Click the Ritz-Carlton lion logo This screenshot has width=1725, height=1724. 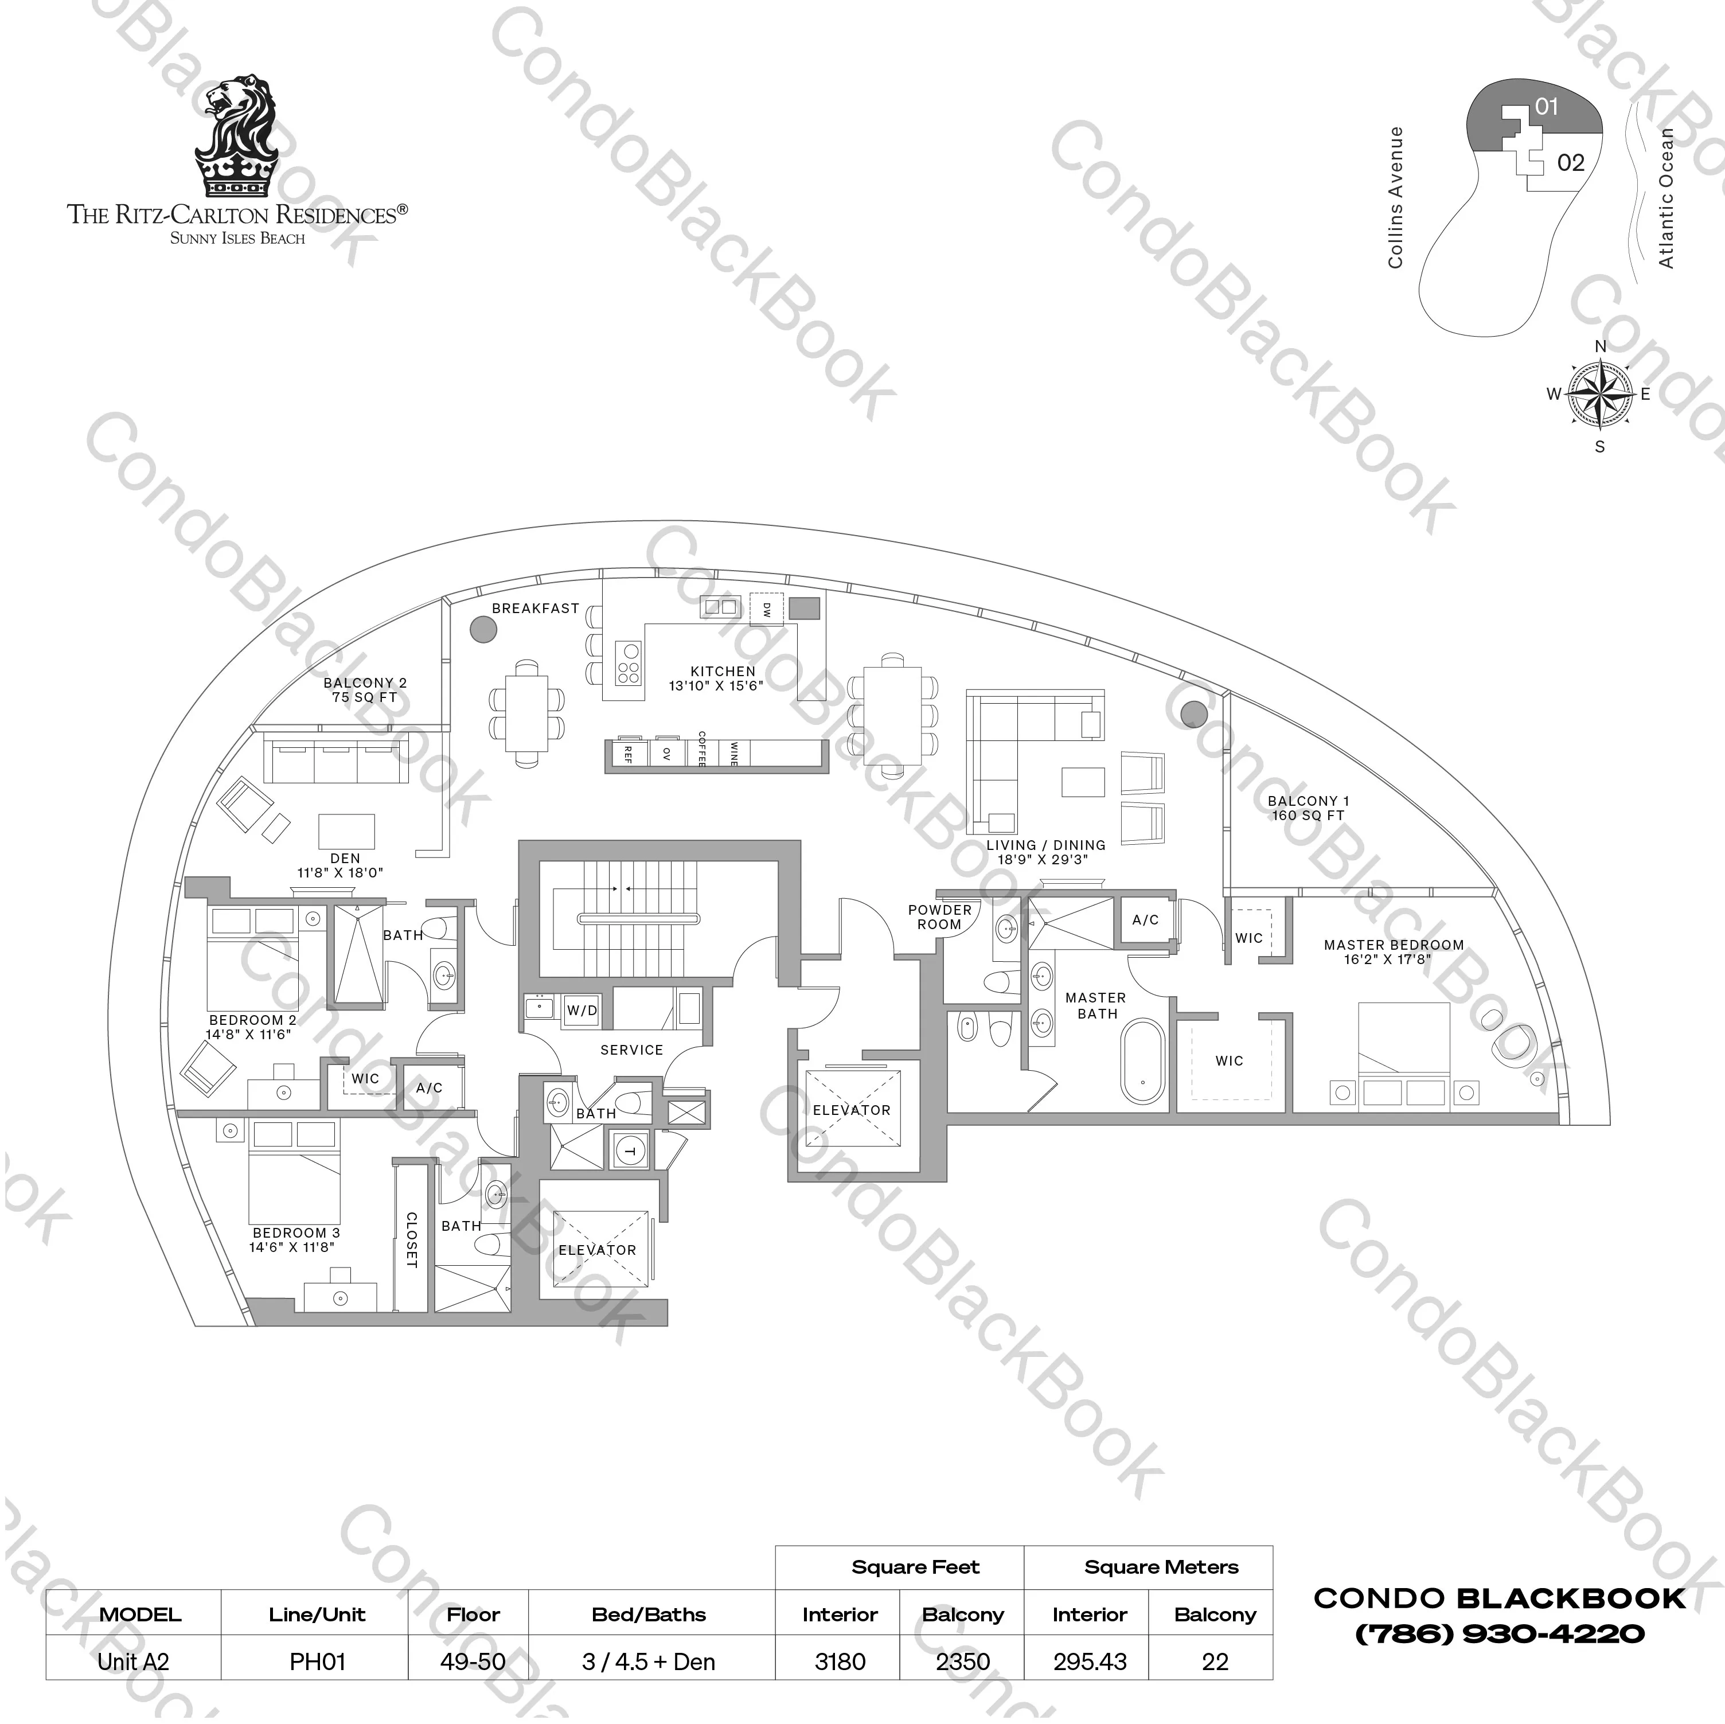237,135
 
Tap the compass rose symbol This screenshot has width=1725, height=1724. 1599,394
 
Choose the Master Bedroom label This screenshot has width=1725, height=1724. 1393,951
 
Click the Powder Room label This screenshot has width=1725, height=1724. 939,917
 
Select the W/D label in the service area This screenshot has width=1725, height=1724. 582,1011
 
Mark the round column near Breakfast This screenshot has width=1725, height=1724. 483,629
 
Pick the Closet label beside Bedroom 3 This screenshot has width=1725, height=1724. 412,1239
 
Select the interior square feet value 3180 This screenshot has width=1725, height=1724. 840,1661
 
